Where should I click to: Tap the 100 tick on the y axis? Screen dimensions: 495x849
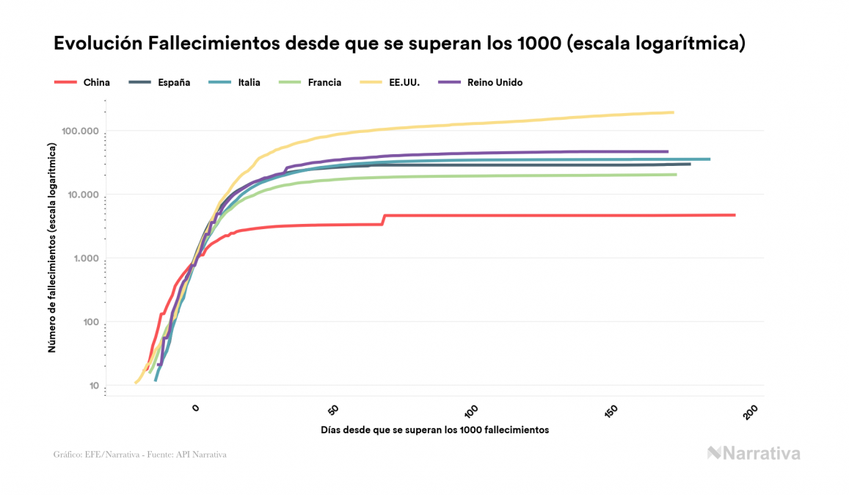[x=87, y=323]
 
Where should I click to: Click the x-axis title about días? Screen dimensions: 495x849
[x=434, y=430]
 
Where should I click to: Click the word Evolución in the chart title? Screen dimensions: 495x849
[x=96, y=43]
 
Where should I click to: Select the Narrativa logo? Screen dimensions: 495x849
[x=754, y=453]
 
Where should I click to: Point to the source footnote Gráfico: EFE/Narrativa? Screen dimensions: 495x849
[x=139, y=455]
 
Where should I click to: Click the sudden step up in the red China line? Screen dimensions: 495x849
[x=383, y=219]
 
